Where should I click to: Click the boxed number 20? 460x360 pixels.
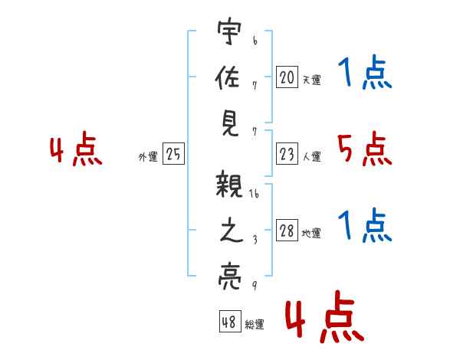coord(287,77)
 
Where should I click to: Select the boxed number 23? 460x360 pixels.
coord(287,155)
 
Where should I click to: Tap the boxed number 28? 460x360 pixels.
coord(287,231)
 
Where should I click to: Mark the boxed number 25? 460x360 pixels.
coord(173,155)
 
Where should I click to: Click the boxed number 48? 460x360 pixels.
coord(229,322)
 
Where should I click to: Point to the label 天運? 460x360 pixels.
coord(312,80)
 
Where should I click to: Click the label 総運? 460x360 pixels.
coord(255,325)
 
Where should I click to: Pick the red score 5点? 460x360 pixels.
coord(364,149)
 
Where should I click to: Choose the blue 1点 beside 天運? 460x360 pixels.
coord(364,74)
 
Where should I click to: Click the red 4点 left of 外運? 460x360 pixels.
coord(76,152)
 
